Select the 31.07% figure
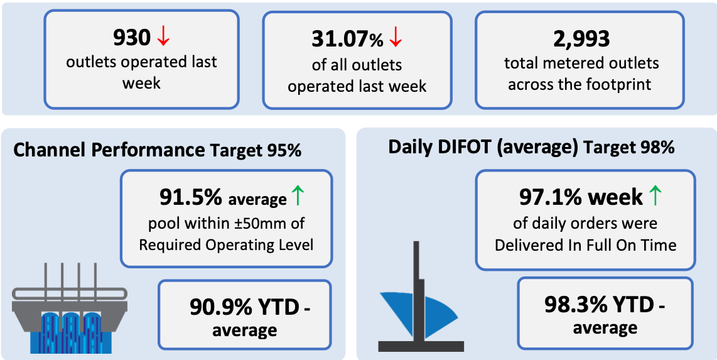tap(347, 40)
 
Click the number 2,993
tap(581, 40)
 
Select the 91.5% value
tap(191, 198)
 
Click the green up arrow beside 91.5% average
tap(297, 197)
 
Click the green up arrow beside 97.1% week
tap(655, 197)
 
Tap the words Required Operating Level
tap(226, 245)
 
